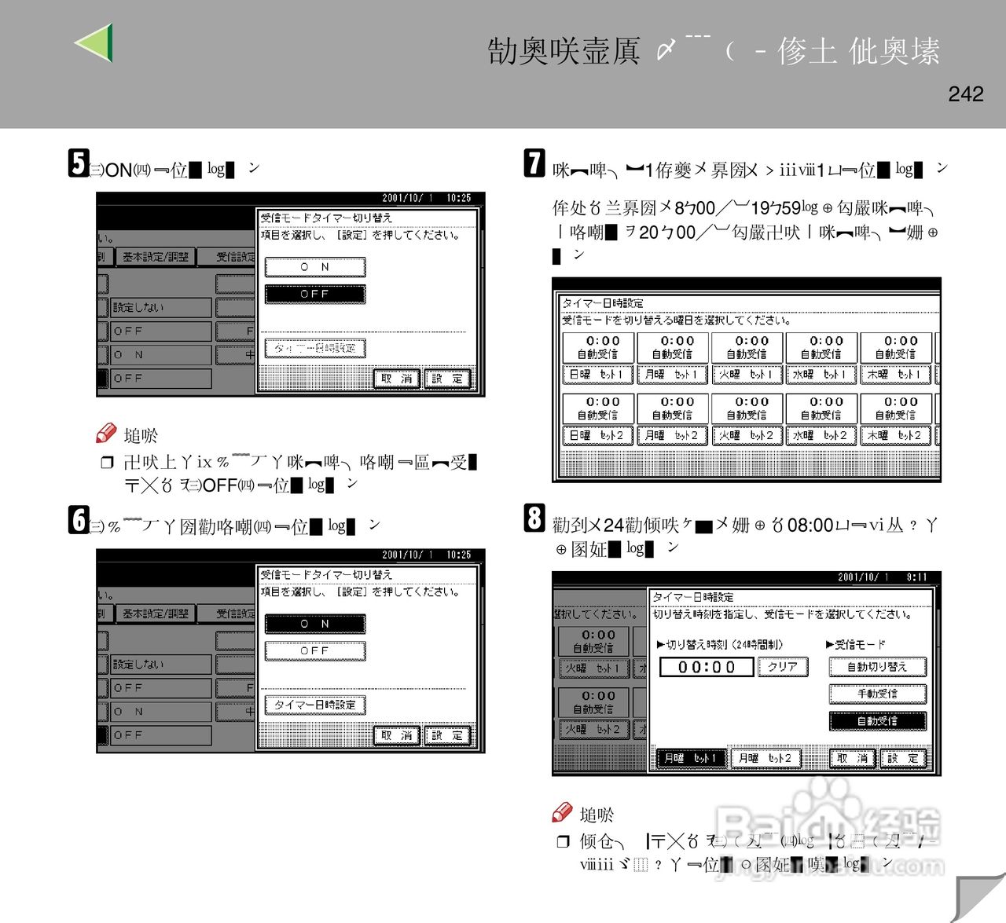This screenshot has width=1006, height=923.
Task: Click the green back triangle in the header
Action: click(x=96, y=42)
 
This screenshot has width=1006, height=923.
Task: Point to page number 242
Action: click(x=965, y=94)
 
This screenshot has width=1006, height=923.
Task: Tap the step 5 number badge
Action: click(x=79, y=163)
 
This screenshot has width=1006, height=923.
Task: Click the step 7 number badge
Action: click(x=534, y=163)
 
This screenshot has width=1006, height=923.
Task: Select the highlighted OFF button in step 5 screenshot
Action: click(x=315, y=294)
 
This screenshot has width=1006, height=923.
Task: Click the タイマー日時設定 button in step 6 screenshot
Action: click(x=315, y=705)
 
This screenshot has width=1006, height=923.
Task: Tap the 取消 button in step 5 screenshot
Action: click(x=397, y=379)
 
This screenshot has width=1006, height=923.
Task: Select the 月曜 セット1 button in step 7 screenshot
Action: click(x=672, y=375)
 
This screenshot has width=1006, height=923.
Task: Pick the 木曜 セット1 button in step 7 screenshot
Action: click(x=896, y=375)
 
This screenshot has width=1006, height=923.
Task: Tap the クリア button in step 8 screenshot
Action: click(x=782, y=667)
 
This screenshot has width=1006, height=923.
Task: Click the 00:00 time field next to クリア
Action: click(x=706, y=667)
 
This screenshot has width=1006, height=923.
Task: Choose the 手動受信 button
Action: click(x=877, y=694)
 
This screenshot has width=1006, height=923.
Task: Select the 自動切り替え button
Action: click(x=877, y=667)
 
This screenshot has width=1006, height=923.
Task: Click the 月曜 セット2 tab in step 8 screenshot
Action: click(x=765, y=758)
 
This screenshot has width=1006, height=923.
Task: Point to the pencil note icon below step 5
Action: click(x=106, y=433)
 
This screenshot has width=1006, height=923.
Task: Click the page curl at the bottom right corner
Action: click(x=978, y=896)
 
